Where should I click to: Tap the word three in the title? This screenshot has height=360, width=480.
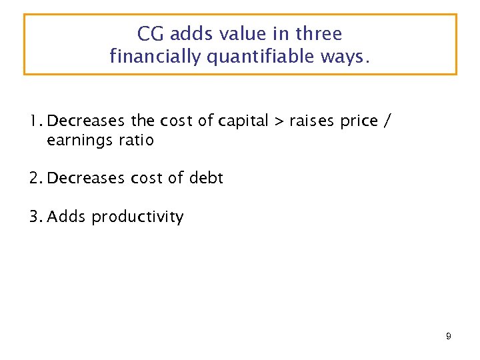[319, 34]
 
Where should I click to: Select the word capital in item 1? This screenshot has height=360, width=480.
[243, 121]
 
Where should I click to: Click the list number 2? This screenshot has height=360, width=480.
[35, 179]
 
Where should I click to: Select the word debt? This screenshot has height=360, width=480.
[206, 179]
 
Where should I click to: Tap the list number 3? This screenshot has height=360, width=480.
[35, 217]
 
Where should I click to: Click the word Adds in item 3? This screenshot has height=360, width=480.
[67, 217]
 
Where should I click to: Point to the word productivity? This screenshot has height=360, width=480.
[137, 217]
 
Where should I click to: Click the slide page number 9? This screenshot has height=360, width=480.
[449, 337]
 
